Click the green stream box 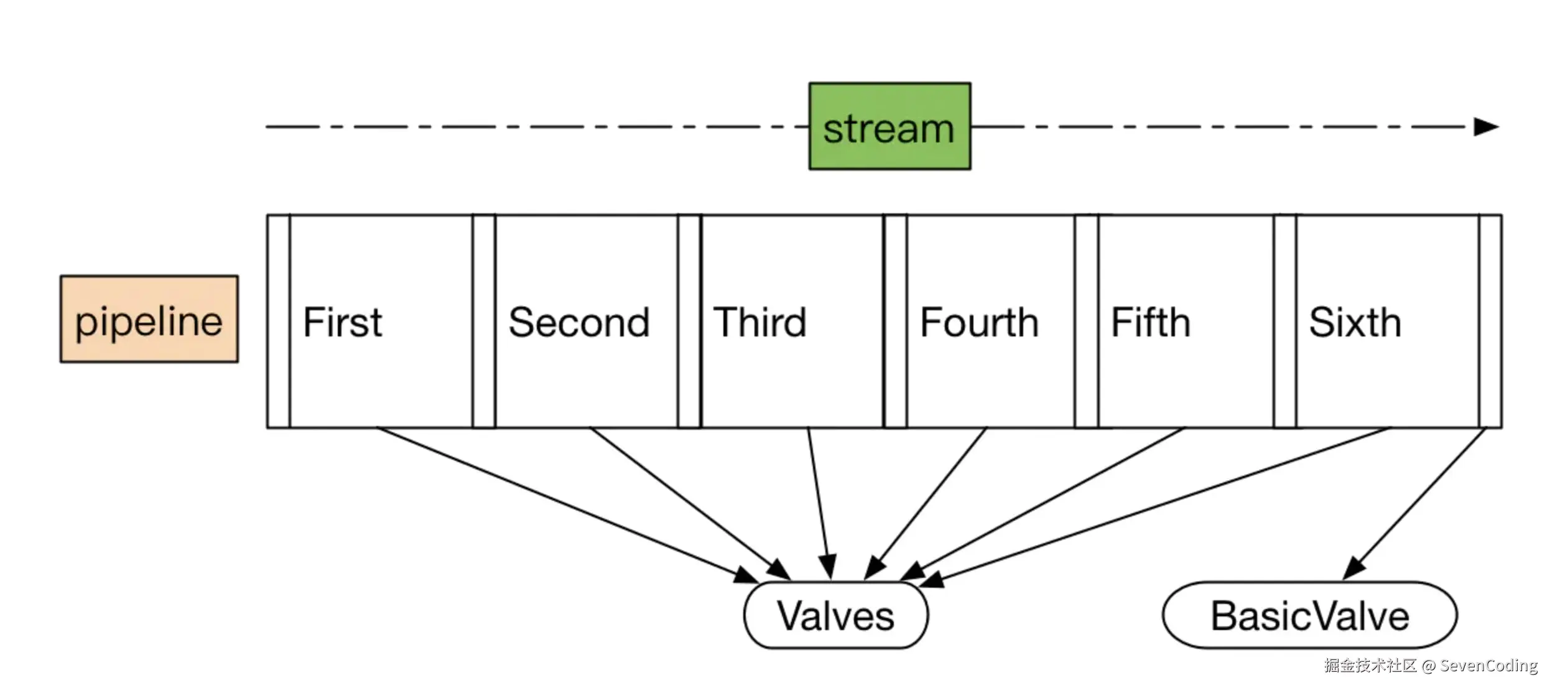[889, 126]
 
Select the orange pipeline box [149, 319]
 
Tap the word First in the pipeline [343, 322]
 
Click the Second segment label [579, 322]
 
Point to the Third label [759, 322]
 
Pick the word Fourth [980, 322]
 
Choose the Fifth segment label [1151, 322]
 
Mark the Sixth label [1355, 322]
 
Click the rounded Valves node [836, 615]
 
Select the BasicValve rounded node [1310, 615]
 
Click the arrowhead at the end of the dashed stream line [1487, 127]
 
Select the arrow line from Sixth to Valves [1154, 506]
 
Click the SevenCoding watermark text [1488, 666]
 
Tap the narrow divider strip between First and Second [484, 321]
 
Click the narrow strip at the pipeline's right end [1490, 321]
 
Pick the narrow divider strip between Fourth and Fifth [1087, 321]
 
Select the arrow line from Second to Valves [690, 503]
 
